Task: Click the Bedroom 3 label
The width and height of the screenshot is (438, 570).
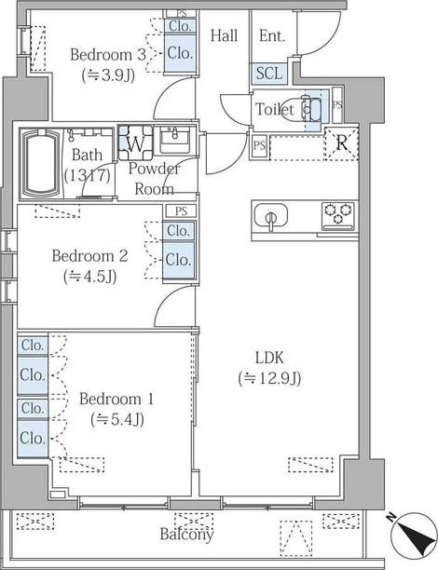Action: pos(108,55)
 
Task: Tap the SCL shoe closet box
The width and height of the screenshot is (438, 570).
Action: pos(269,74)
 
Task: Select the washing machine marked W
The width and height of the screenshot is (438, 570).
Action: pos(135,142)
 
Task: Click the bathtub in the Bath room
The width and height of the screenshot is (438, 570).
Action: pos(41,163)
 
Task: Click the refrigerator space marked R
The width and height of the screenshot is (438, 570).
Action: pos(341,143)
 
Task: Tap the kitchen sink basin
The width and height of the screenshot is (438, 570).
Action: pos(270,217)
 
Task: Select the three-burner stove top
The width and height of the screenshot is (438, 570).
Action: pos(338,216)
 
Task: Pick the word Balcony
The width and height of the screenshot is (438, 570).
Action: pos(186,534)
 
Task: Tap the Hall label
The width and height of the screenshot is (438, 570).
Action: pos(224,35)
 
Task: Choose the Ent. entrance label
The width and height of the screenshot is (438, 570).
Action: pos(272,35)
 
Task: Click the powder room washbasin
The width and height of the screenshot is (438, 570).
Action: pos(174,140)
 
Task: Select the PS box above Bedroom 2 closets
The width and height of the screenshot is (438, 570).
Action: pos(181,210)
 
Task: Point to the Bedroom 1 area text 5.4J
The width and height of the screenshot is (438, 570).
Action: pos(117,419)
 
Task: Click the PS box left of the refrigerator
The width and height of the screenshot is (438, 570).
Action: pos(259,146)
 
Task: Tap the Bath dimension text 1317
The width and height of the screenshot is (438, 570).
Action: pos(88,176)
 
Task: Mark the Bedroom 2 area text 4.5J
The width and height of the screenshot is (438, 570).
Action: pos(89,277)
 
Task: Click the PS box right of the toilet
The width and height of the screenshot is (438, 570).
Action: pos(337,105)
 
